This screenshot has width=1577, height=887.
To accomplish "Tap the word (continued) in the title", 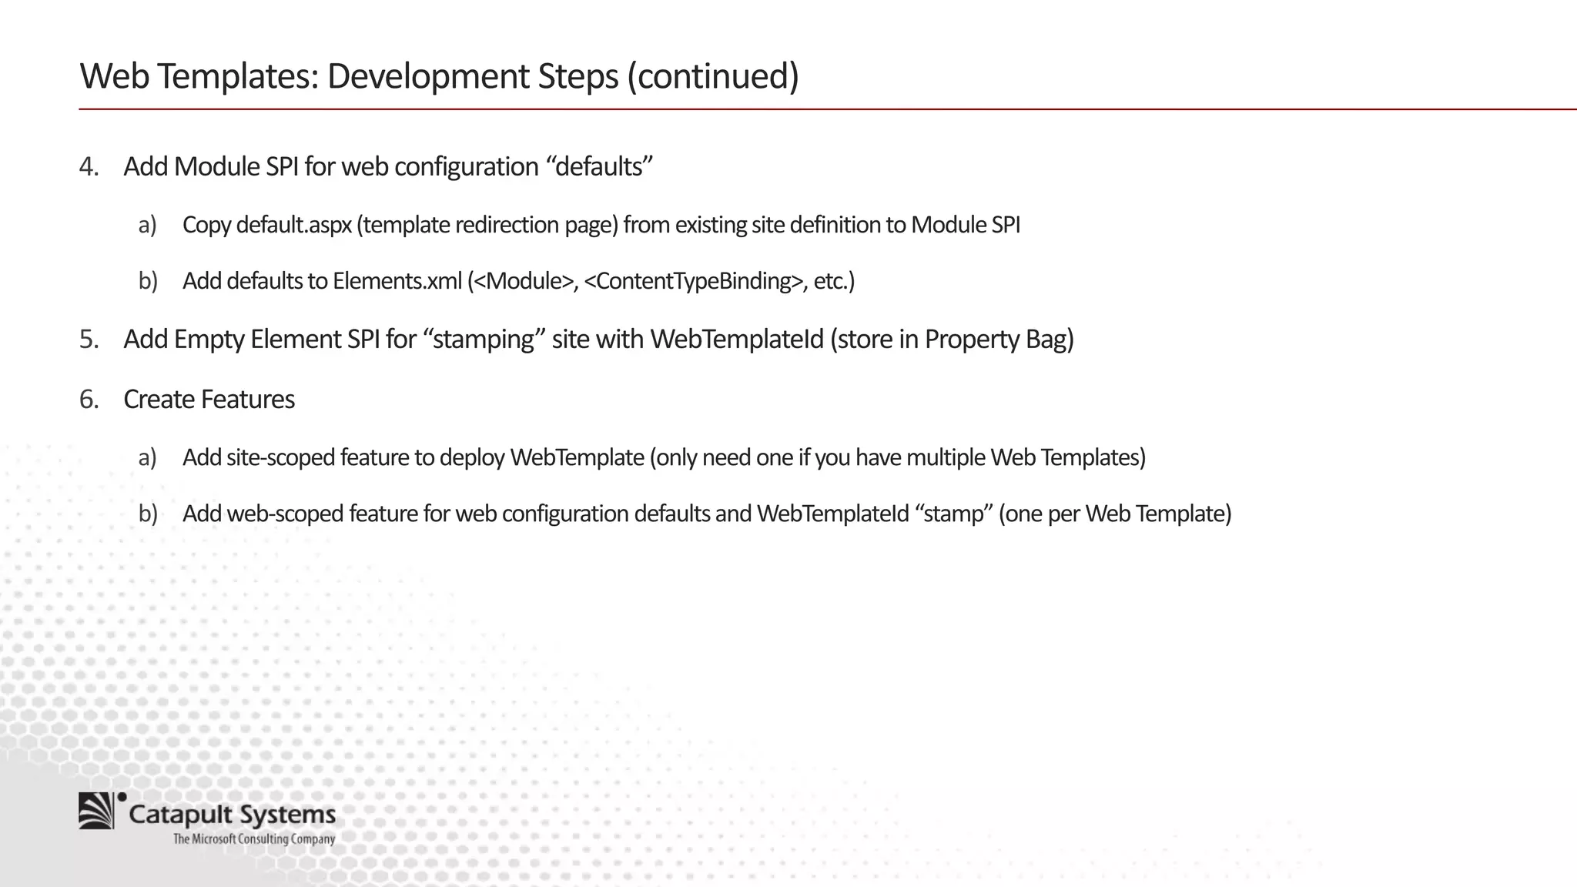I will pos(713,76).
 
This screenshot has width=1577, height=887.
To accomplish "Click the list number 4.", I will pos(89,166).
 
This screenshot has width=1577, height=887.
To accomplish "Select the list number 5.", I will pos(89,339).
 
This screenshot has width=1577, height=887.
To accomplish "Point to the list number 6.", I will pos(89,399).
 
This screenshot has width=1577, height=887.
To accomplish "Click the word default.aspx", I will pos(293,225).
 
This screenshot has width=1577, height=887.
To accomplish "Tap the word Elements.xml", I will pos(397,281).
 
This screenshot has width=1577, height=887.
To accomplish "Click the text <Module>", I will pos(524,281).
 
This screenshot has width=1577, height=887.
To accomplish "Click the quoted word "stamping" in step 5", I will pos(484,339).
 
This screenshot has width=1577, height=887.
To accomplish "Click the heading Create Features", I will pos(209,399).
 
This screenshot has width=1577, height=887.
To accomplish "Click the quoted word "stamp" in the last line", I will pos(954,514).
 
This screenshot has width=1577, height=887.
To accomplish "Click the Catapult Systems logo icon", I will pos(99,811).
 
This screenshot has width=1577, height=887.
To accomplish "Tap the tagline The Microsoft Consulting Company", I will pos(254,839).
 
